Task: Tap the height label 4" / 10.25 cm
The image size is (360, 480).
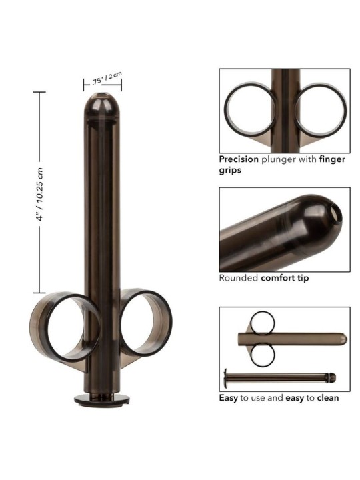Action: coord(40,191)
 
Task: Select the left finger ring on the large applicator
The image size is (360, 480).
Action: coord(64,327)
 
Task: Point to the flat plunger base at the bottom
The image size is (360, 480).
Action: coord(101,399)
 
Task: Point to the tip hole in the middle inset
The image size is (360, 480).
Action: coord(334,213)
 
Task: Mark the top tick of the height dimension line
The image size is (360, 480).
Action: coord(39,92)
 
